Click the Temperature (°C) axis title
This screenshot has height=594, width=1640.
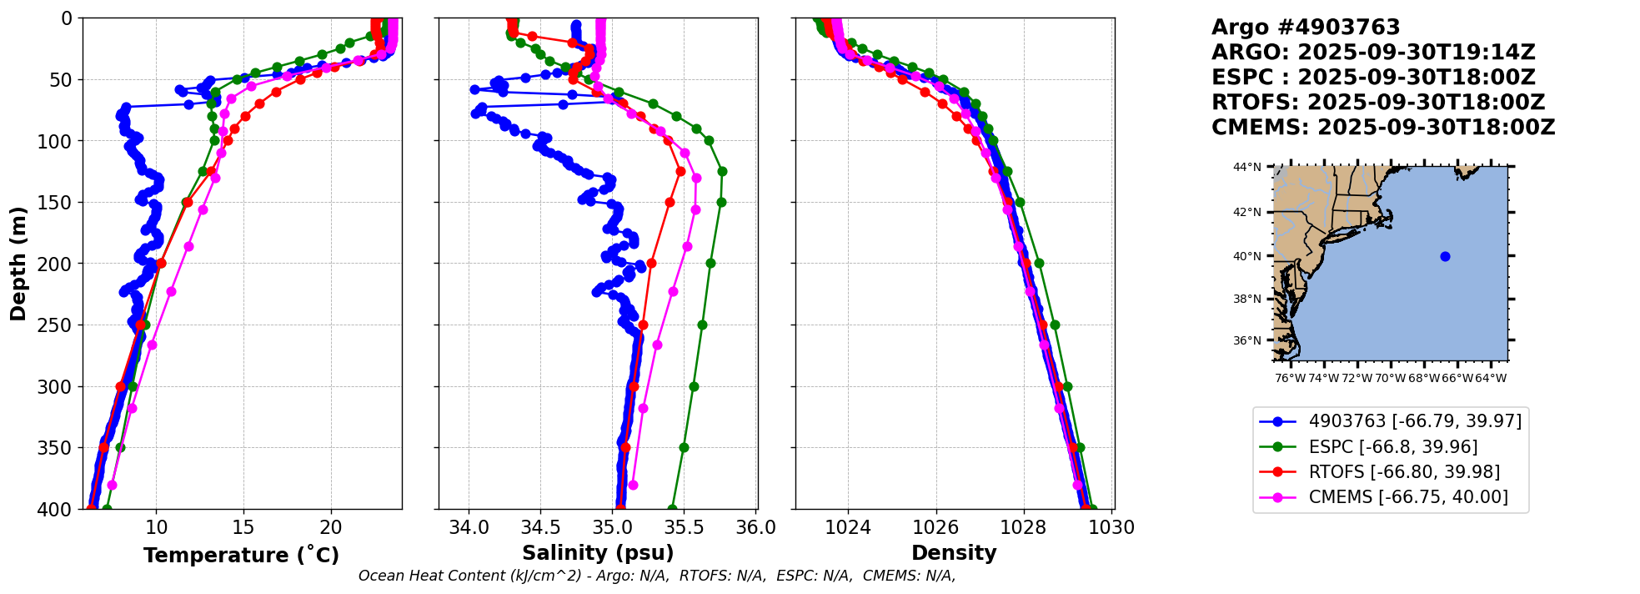241,556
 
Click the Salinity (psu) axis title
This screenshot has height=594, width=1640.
598,553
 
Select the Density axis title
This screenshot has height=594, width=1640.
954,553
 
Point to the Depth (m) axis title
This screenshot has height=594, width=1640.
18,264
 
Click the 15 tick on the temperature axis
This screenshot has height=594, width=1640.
243,528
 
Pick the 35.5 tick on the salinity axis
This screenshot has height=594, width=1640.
684,528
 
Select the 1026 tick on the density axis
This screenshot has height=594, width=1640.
935,528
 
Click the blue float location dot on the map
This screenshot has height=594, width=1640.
1445,256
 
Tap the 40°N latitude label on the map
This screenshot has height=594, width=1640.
1247,256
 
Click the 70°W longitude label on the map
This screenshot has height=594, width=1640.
1391,379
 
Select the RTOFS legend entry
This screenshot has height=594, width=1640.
1404,472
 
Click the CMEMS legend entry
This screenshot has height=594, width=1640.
1407,497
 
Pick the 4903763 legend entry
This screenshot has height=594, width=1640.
1414,421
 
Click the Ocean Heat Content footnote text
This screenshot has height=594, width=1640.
657,576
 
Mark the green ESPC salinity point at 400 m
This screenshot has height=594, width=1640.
672,508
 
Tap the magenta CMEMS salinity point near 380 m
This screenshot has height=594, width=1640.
633,485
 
